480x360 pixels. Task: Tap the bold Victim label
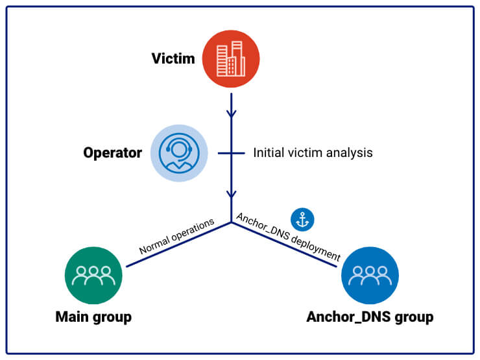pos(173,59)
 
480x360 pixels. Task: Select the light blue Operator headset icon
pos(180,153)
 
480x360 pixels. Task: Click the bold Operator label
pos(112,153)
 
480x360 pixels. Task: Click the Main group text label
pos(93,317)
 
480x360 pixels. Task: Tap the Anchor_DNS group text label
pos(370,317)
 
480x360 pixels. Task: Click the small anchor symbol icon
pos(302,219)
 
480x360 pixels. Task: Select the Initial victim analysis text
pos(313,154)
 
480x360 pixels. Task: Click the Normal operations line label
pos(176,237)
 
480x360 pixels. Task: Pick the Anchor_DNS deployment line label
pos(287,237)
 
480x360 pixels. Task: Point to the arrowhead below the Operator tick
pos(232,194)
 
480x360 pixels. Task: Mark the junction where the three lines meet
pos(232,222)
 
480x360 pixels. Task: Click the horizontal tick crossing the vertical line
pos(232,154)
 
